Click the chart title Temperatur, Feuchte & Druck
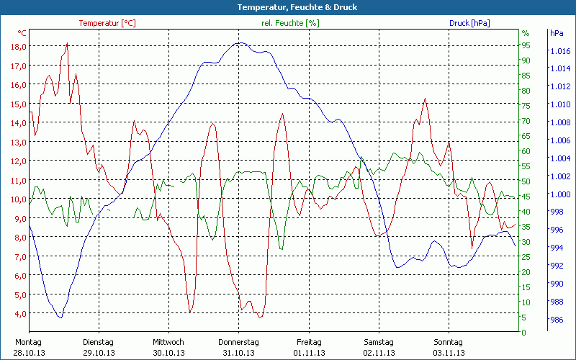[x=287, y=7]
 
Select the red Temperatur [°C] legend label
[x=107, y=23]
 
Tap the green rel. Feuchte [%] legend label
[x=291, y=23]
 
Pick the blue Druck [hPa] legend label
[x=469, y=23]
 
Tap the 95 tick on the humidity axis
[x=526, y=45]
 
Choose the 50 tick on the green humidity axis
[x=526, y=181]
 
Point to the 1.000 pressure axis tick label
[x=559, y=194]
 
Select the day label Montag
[x=28, y=342]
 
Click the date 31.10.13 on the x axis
[x=238, y=353]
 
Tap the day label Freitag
[x=309, y=342]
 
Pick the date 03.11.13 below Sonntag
[x=448, y=353]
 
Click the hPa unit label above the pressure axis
[x=557, y=33]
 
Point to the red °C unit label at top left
[x=22, y=33]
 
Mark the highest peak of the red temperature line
[x=68, y=43]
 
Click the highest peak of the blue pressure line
[x=241, y=42]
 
